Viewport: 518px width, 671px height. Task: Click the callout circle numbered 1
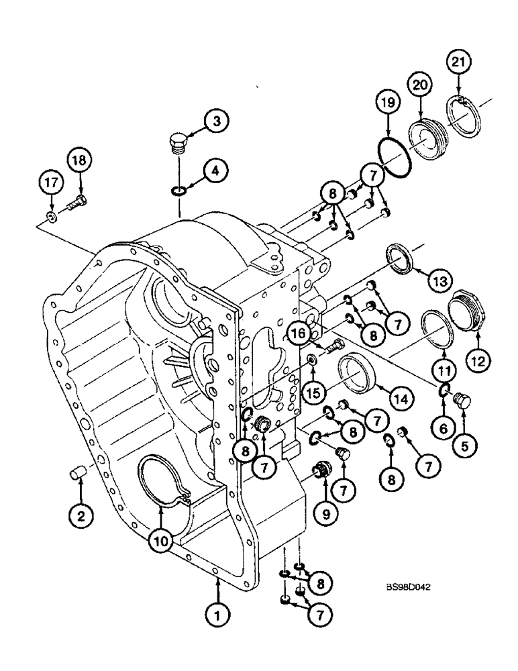(x=218, y=613)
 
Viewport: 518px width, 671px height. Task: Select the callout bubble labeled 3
(x=215, y=121)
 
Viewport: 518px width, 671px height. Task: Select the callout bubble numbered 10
(x=160, y=539)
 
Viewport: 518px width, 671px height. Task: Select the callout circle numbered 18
(x=80, y=162)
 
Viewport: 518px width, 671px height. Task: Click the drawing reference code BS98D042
(x=408, y=585)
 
